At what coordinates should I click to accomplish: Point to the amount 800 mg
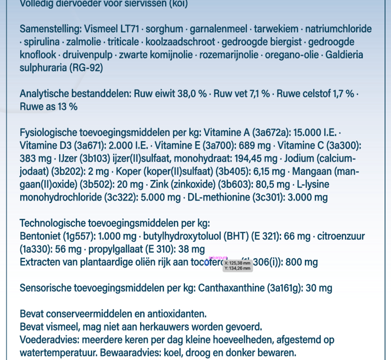pyautogui.click(x=302, y=263)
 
